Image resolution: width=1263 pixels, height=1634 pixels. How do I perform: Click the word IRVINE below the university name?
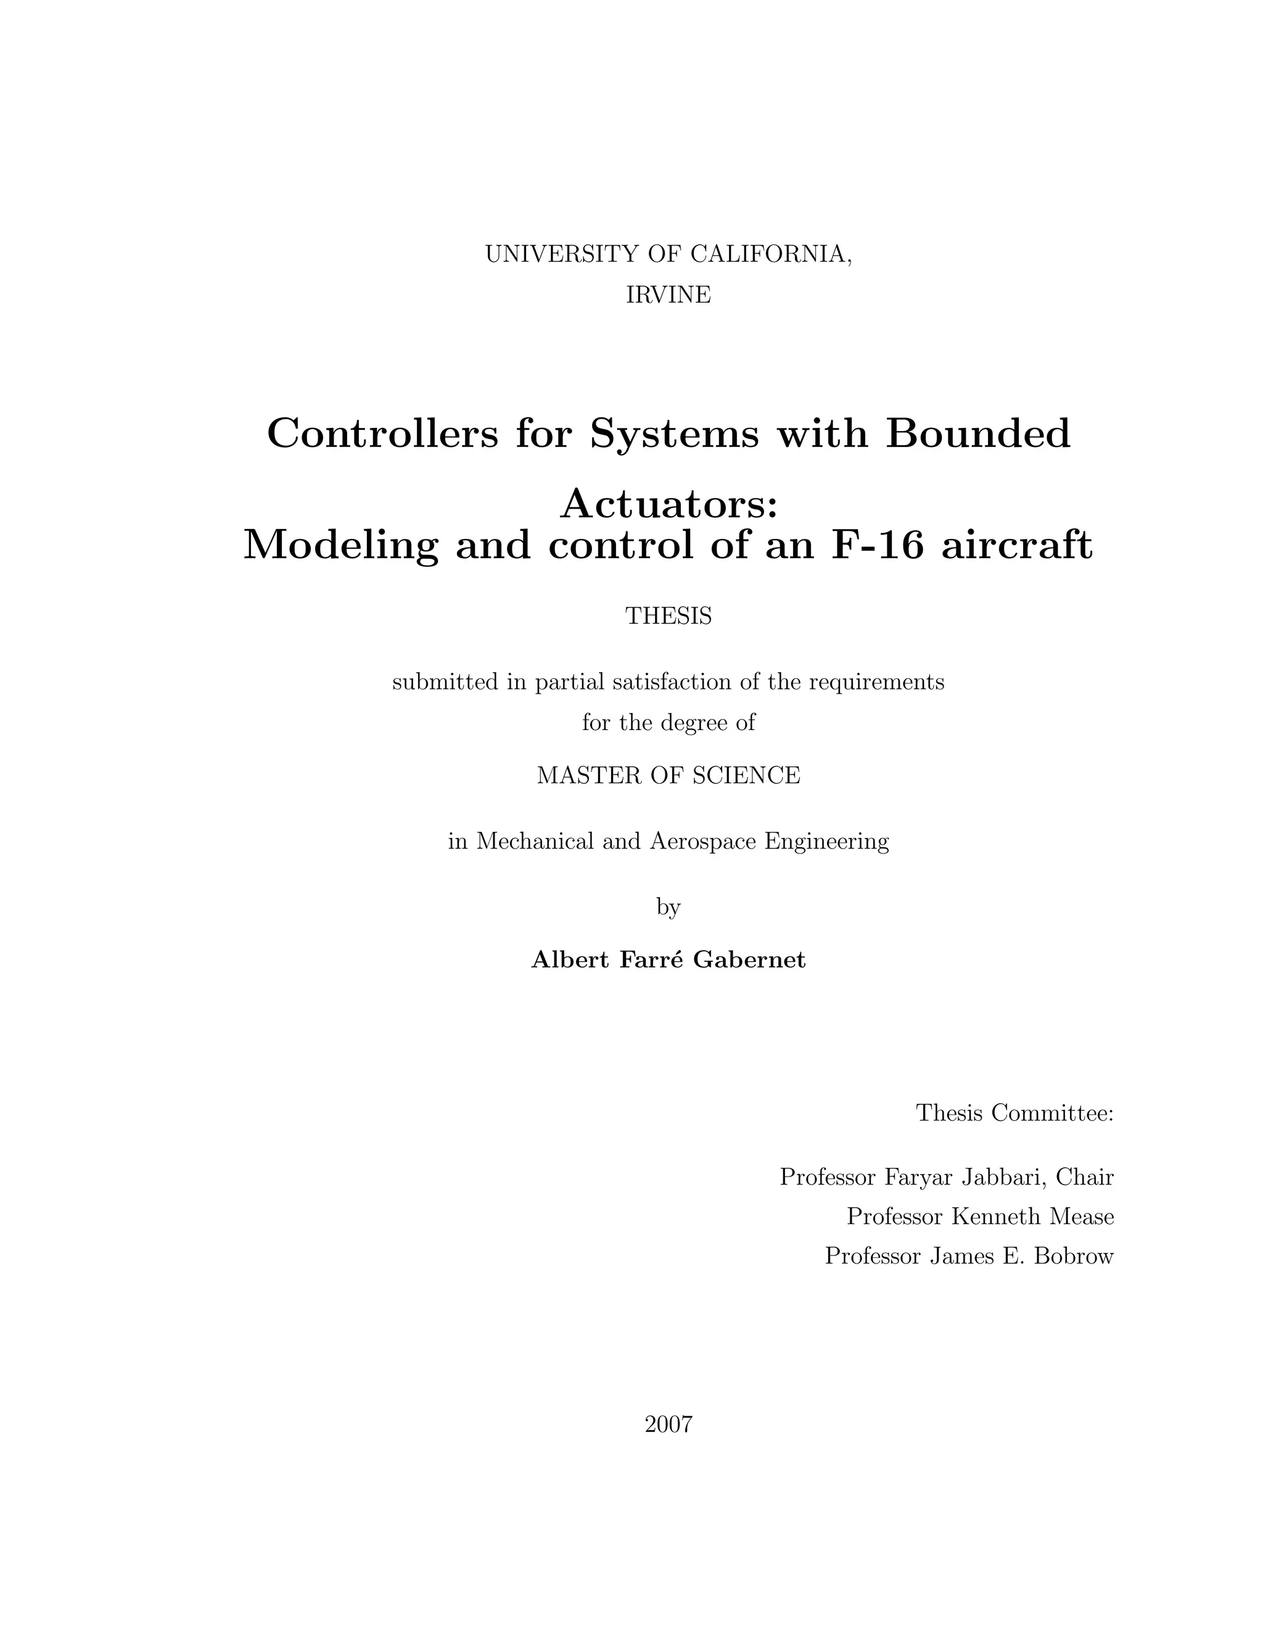click(x=668, y=295)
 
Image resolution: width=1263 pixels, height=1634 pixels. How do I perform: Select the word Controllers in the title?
click(x=382, y=433)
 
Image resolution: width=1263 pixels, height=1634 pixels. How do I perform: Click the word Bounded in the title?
click(x=978, y=433)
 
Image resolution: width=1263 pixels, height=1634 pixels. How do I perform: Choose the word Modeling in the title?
click(x=340, y=544)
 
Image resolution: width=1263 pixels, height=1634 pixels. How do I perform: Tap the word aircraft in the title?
click(x=1017, y=544)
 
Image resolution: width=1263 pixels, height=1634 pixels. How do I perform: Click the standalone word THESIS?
click(x=668, y=616)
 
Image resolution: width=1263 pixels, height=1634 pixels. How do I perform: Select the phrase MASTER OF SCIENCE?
click(x=668, y=775)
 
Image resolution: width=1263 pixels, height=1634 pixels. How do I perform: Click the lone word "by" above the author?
click(x=668, y=907)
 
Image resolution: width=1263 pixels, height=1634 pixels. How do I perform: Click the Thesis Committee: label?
click(x=1014, y=1112)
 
